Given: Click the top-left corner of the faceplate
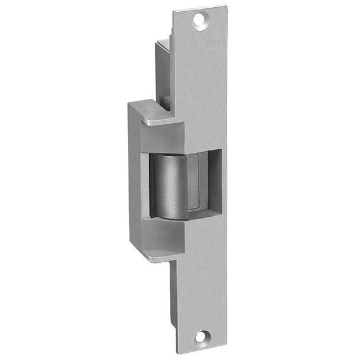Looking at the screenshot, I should (x=175, y=11).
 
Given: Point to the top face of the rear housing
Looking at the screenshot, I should (x=163, y=42).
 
